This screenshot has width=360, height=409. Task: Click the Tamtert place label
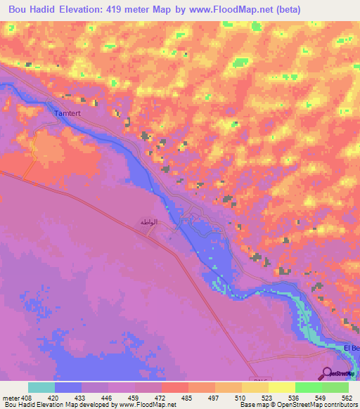(67, 112)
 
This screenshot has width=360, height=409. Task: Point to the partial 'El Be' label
(352, 349)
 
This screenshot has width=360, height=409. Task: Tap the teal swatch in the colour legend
(41, 387)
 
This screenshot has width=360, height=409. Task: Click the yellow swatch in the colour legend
(282, 387)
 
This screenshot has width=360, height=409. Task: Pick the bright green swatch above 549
(309, 387)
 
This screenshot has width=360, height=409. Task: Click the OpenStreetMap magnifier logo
(326, 374)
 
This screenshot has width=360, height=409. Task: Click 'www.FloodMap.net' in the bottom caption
(147, 405)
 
